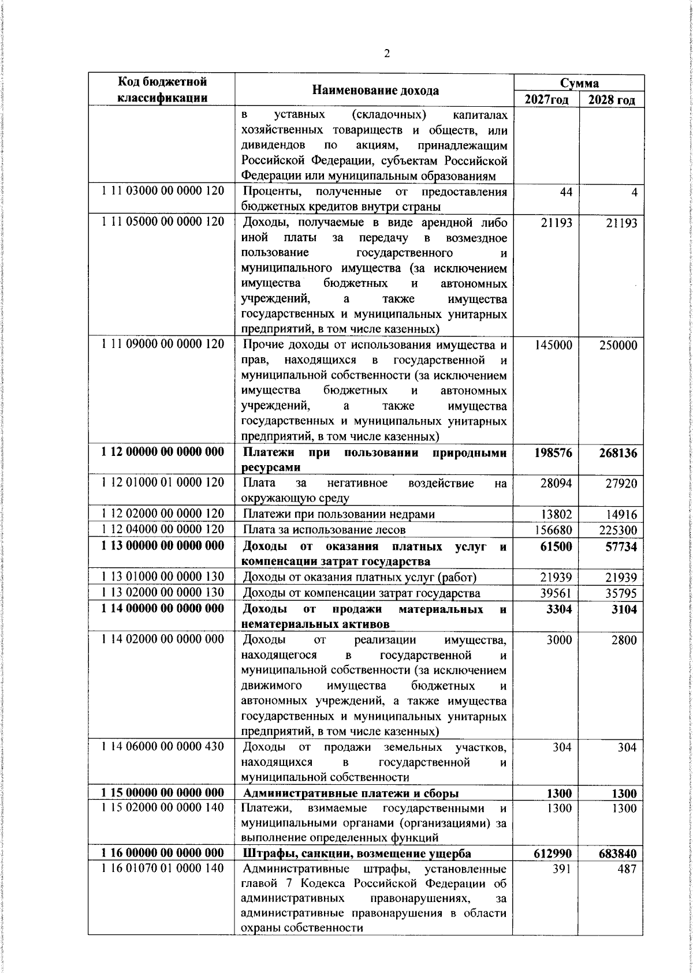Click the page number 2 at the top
(386, 54)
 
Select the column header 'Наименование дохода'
(375, 90)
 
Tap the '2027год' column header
(546, 99)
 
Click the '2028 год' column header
(612, 99)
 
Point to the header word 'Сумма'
(579, 83)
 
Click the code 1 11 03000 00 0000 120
(162, 192)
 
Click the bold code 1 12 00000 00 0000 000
(162, 452)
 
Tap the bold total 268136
(617, 453)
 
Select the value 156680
(553, 529)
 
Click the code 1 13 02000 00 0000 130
(162, 593)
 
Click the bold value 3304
(558, 609)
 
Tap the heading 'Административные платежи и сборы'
(352, 793)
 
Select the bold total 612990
(553, 854)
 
